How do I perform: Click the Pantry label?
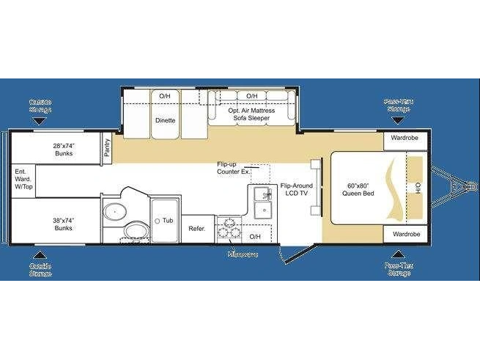pos(107,149)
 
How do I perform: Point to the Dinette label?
pos(165,120)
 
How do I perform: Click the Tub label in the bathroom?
pos(167,220)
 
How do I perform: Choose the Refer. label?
pos(197,229)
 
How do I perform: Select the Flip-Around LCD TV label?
pos(296,190)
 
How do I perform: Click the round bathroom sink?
pos(114,213)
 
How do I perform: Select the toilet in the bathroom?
pos(136,233)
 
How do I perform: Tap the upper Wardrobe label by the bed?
pos(405,138)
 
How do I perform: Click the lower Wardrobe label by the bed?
pos(405,235)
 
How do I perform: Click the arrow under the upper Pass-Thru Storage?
pos(399,120)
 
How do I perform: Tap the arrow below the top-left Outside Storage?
pos(40,120)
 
